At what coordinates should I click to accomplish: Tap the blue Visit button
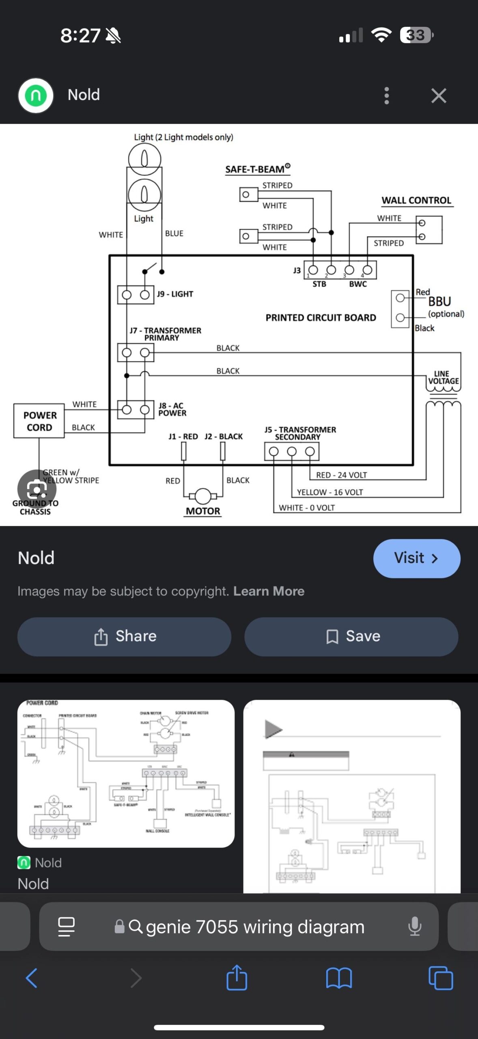click(416, 558)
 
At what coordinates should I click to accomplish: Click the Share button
click(124, 636)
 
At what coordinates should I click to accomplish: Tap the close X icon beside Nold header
click(439, 96)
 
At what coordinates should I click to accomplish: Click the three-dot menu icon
click(386, 96)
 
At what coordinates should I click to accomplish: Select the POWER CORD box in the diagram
click(39, 421)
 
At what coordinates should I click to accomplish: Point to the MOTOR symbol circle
click(203, 496)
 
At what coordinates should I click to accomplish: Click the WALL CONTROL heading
click(416, 200)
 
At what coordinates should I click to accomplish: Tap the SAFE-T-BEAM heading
click(257, 169)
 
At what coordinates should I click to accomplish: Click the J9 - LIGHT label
click(175, 294)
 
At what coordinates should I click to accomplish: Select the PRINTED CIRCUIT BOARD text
click(321, 318)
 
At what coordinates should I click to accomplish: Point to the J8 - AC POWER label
click(172, 409)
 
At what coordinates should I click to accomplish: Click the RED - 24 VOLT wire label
click(341, 475)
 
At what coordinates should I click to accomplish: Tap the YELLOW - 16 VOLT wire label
click(329, 492)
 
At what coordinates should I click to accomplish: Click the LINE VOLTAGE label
click(443, 377)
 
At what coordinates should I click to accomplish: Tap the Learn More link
click(269, 591)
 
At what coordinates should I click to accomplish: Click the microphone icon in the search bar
click(415, 927)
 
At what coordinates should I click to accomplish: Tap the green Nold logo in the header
click(36, 96)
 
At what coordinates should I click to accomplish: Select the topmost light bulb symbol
click(144, 159)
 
